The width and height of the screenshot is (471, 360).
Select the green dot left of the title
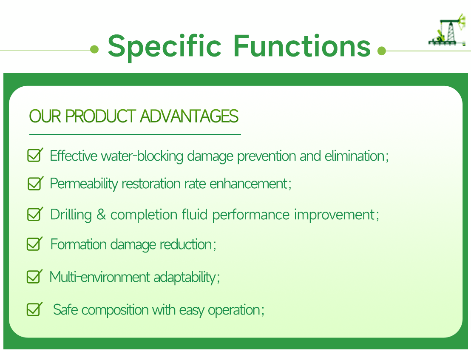(x=94, y=50)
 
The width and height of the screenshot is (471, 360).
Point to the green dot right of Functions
(x=381, y=51)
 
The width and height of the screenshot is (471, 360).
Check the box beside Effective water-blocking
(x=34, y=155)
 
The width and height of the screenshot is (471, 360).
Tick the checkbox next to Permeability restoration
(x=34, y=184)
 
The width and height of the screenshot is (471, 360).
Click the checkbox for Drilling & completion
(x=34, y=214)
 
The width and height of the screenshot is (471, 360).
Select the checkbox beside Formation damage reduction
(x=34, y=244)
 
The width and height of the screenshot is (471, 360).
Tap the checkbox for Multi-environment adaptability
(x=34, y=277)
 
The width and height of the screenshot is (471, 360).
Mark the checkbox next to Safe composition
(x=34, y=309)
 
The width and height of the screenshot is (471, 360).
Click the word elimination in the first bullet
(x=355, y=156)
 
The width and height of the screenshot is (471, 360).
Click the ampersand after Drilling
(x=101, y=215)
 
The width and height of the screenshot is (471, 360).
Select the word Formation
(x=79, y=244)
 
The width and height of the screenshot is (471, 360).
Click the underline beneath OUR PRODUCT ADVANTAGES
(x=135, y=134)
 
